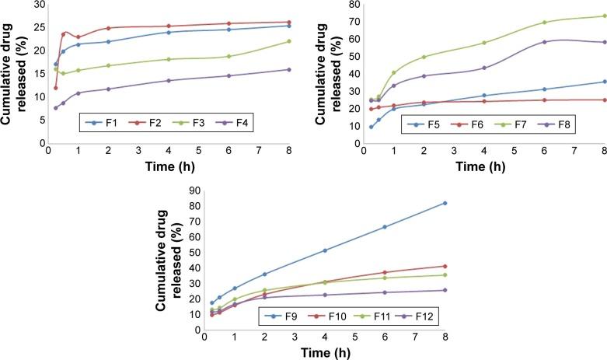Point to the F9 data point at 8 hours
(x=445, y=203)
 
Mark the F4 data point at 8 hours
(x=289, y=69)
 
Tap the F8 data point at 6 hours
(x=544, y=42)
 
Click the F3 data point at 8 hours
(x=289, y=41)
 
